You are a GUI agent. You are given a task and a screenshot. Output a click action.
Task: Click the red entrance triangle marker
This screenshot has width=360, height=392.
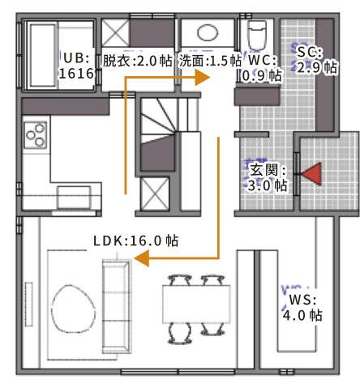point(313,174)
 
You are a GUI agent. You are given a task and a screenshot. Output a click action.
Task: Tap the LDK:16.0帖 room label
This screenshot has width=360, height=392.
point(135,241)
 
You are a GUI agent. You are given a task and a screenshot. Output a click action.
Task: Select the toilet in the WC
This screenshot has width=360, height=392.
point(257,35)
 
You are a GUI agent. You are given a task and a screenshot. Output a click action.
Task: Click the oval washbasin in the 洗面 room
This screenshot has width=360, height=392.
point(208,32)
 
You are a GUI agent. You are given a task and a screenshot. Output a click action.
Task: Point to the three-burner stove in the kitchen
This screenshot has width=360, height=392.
point(36,135)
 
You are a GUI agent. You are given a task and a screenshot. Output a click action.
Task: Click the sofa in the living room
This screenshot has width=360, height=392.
point(117,306)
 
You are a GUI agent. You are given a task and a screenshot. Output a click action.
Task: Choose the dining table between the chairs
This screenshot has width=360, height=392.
point(196,304)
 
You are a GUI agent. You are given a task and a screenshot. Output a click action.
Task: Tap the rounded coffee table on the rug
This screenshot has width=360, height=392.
point(73,309)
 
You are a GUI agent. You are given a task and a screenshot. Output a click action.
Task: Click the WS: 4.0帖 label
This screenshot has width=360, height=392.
point(302,308)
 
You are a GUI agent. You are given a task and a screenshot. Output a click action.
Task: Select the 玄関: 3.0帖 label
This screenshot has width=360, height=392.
point(268,177)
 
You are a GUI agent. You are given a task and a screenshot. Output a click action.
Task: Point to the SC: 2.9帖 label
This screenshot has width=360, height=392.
point(317,60)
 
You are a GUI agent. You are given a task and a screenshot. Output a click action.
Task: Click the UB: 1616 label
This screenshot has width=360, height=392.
point(76,66)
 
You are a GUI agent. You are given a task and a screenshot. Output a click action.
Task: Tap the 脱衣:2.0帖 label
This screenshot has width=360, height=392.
point(137,61)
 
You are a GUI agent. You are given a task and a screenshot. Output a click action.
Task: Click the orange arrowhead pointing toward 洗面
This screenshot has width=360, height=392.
point(203,78)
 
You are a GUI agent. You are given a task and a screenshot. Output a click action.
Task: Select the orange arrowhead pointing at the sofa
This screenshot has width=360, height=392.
point(141,258)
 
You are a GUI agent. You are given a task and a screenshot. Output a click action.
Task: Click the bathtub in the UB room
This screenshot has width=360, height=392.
point(43,56)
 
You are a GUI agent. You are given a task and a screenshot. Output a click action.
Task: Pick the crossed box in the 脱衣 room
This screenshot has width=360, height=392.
point(115,32)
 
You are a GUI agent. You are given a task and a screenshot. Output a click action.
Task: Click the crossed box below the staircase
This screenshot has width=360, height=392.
point(155,194)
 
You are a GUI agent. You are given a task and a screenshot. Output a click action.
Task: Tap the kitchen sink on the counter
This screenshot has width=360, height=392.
point(74,197)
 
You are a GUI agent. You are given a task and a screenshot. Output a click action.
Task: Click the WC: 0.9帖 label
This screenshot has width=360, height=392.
point(262,68)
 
